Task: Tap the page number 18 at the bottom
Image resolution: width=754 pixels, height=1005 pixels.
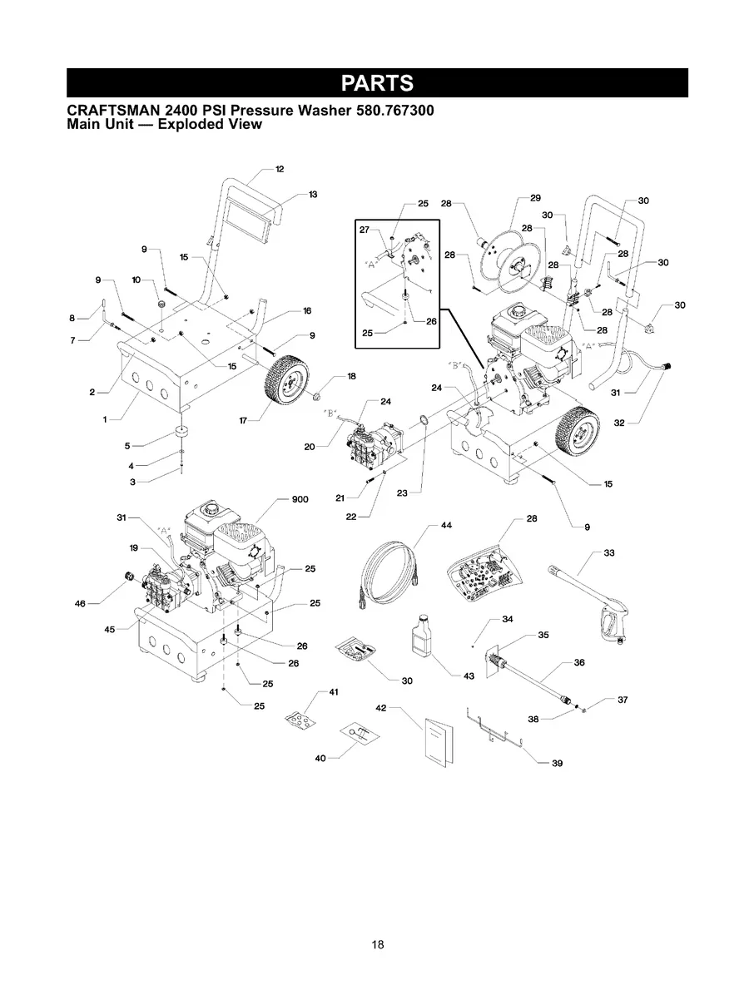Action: (378, 944)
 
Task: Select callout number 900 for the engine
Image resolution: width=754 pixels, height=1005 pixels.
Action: (300, 499)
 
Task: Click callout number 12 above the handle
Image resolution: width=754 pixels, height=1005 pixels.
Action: (280, 169)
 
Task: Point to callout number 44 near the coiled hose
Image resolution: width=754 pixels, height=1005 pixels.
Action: (446, 525)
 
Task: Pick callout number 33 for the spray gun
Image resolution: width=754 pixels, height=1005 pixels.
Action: (610, 552)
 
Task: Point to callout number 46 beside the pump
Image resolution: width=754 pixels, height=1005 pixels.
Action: (80, 602)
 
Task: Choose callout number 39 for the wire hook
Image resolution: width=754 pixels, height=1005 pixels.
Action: (557, 763)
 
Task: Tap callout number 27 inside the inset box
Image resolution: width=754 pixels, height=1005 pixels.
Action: (365, 230)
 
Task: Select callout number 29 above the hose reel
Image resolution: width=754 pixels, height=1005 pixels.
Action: (535, 198)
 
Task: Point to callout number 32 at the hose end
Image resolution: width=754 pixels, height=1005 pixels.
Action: (619, 423)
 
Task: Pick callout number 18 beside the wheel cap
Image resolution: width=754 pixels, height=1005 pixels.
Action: (351, 376)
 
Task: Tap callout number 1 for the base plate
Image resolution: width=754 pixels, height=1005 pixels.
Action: (106, 419)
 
